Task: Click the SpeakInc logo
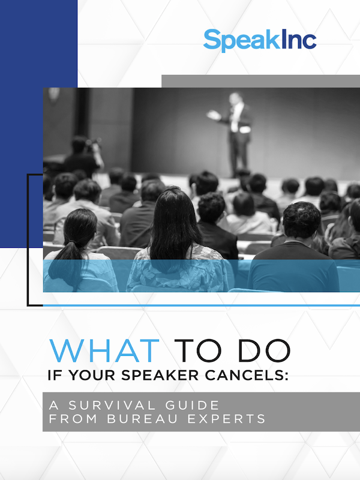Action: tap(259, 40)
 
